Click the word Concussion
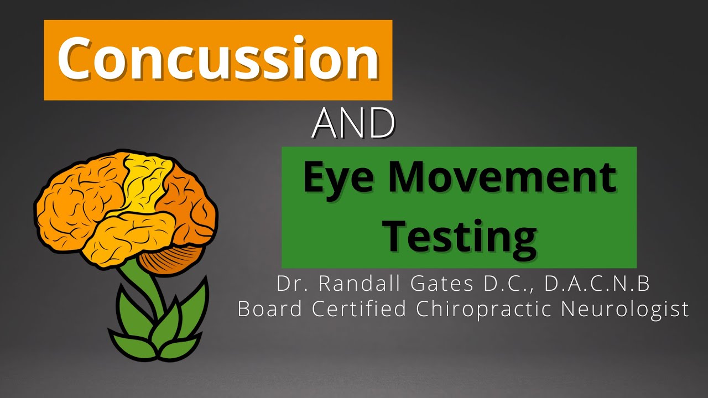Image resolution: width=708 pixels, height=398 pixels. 218,60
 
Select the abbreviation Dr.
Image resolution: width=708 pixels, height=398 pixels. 291,284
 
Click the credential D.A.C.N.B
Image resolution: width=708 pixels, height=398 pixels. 597,284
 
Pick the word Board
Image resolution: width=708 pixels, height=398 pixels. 269,309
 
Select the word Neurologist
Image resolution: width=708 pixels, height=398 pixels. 625,309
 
